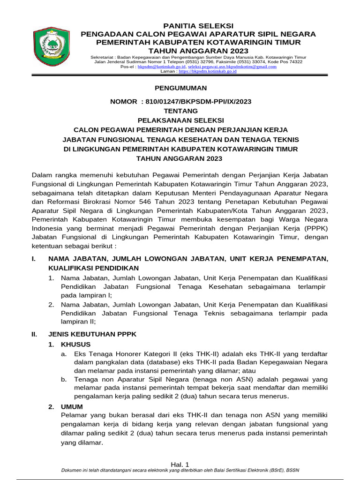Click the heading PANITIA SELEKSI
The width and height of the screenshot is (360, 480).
198,26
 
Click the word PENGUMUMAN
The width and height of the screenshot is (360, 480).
180,88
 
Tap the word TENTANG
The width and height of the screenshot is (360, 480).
180,111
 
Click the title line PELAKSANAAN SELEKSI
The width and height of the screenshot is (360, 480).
180,120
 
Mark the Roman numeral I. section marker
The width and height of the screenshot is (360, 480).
34,259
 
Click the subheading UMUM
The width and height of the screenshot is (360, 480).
72,407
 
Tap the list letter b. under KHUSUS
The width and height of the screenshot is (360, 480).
64,379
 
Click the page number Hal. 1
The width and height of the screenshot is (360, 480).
180,464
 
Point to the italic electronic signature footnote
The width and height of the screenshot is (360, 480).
180,471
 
